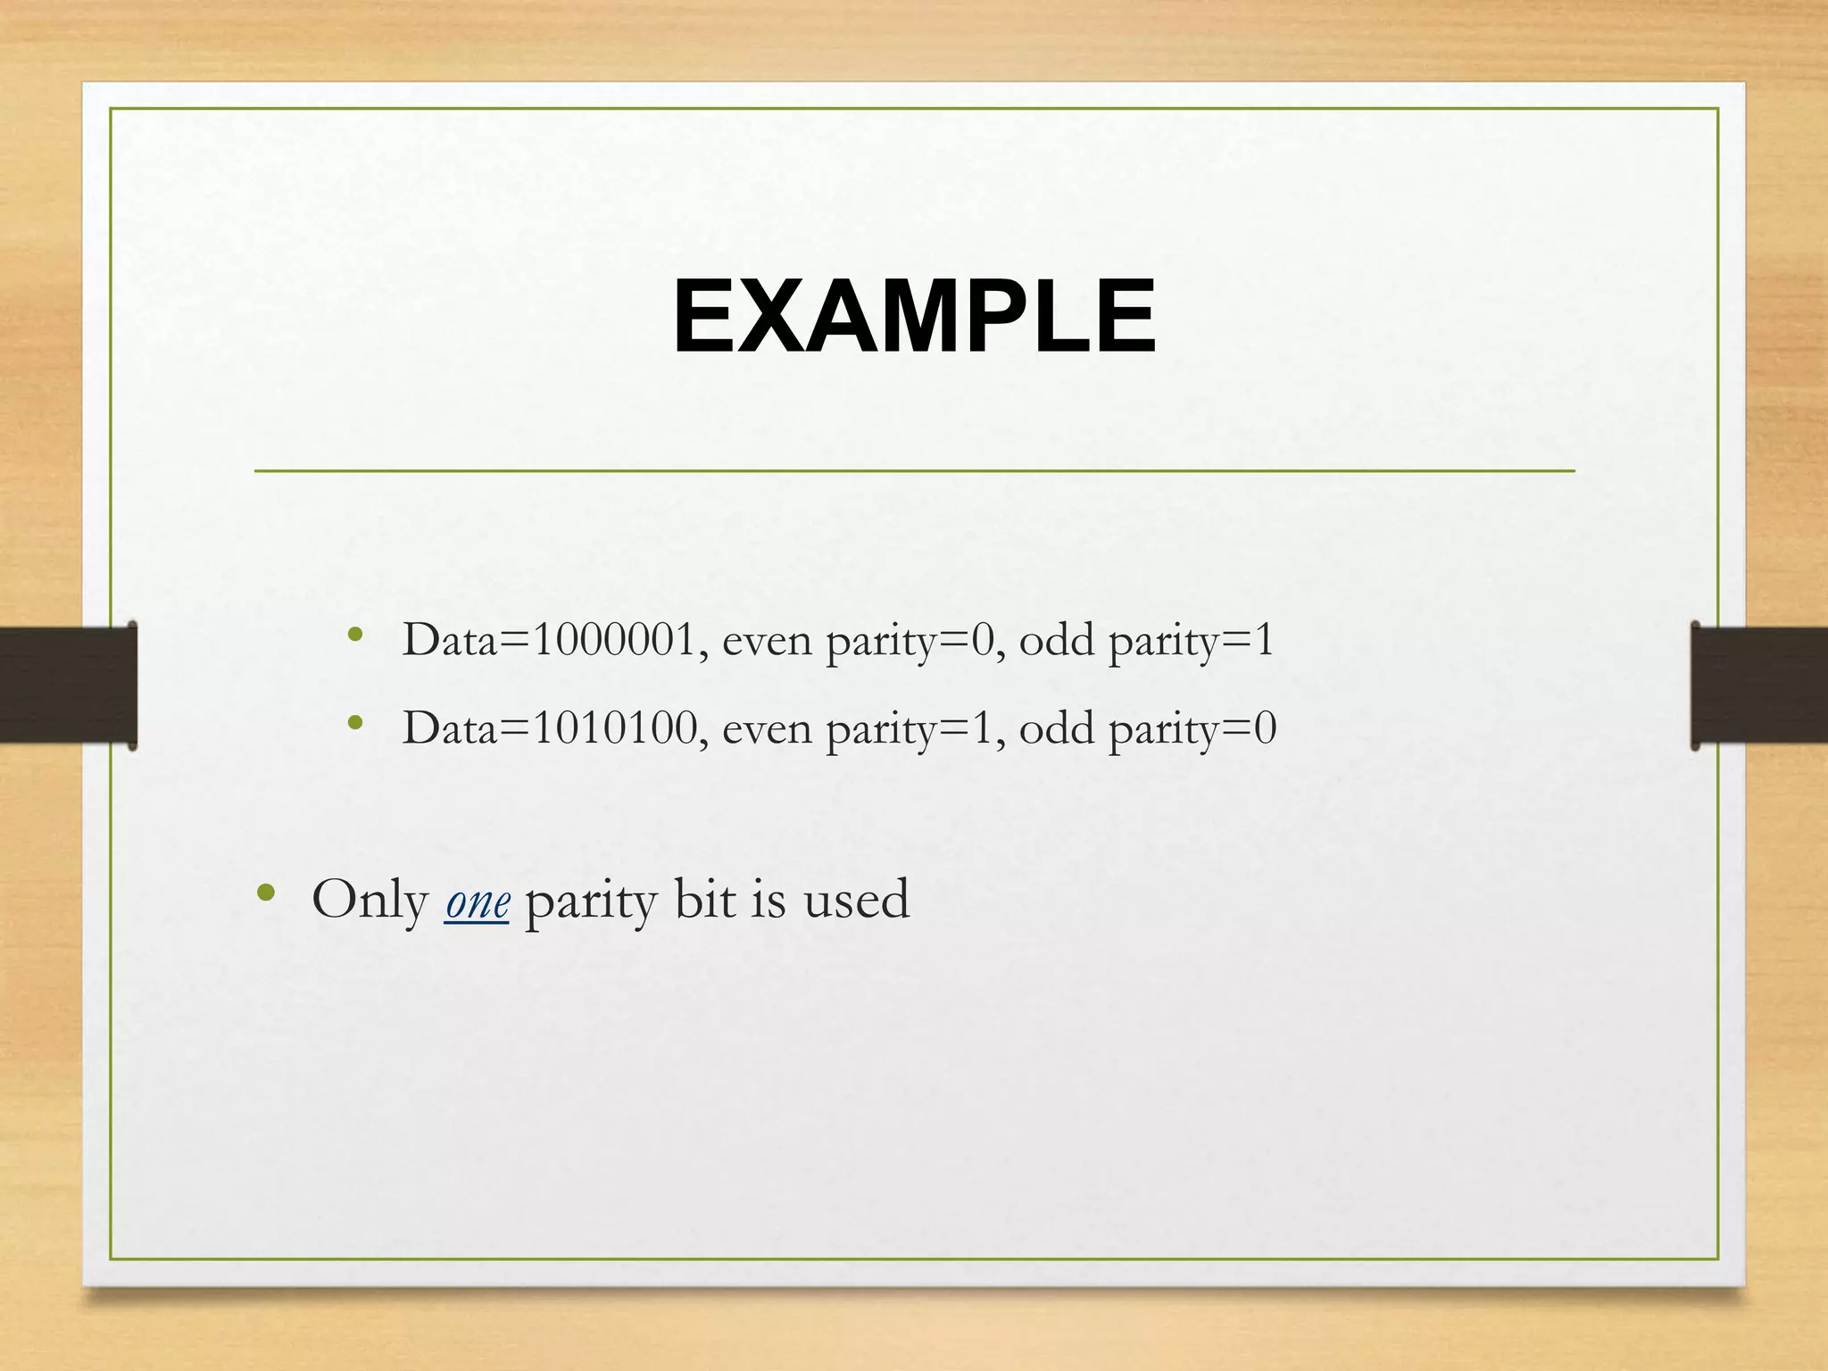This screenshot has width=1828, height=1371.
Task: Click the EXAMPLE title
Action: click(x=914, y=317)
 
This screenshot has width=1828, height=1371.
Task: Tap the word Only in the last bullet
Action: click(x=370, y=900)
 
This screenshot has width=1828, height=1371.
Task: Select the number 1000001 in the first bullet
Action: click(x=614, y=640)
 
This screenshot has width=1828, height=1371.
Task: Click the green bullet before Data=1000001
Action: click(x=355, y=636)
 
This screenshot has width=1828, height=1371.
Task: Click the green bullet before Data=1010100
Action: click(x=355, y=724)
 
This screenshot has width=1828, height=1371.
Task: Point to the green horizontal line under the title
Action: click(x=914, y=470)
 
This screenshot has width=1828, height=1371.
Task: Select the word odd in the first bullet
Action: click(x=1056, y=640)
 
